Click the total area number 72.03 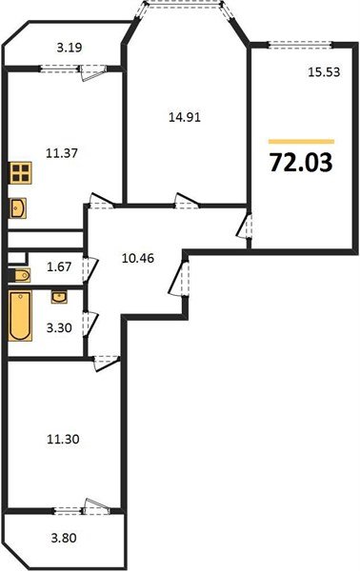click(300, 163)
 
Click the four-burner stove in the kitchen click(21, 174)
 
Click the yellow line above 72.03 click(300, 141)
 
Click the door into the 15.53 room click(245, 227)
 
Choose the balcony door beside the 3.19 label click(93, 67)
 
